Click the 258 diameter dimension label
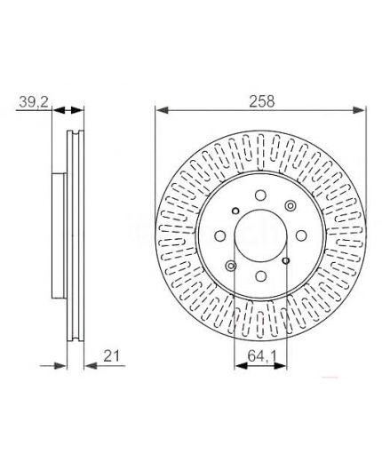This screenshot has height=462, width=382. (x=262, y=101)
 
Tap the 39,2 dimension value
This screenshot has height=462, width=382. (x=34, y=102)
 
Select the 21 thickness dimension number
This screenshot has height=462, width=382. (x=112, y=355)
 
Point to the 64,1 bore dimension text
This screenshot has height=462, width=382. (x=262, y=355)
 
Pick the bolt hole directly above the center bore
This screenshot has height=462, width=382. (x=260, y=195)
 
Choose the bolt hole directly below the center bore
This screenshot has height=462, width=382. (x=260, y=276)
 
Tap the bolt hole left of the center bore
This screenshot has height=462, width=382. (x=220, y=236)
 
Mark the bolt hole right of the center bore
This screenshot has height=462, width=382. (x=301, y=236)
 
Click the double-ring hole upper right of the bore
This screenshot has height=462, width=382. (x=290, y=205)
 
